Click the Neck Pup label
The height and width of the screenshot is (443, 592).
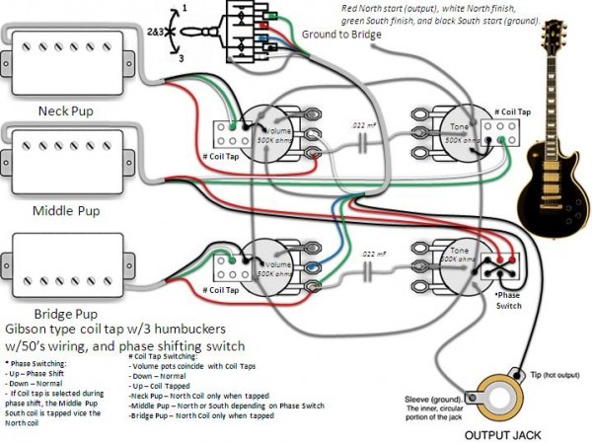pyautogui.click(x=64, y=111)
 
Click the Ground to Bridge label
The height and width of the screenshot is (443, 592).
pyautogui.click(x=342, y=35)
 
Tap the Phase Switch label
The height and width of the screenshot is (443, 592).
pyautogui.click(x=510, y=300)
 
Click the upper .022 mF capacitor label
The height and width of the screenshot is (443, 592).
pyautogui.click(x=364, y=125)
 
